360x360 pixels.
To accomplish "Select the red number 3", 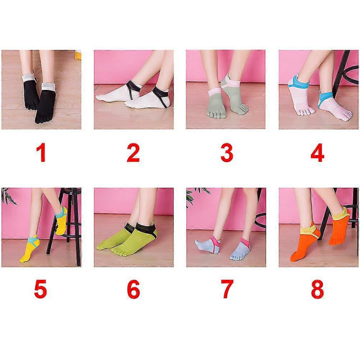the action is pyautogui.click(x=227, y=153).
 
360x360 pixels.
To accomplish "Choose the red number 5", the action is pyautogui.click(x=41, y=289).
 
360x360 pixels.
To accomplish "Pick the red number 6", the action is pyautogui.click(x=133, y=289).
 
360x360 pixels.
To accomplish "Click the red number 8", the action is pyautogui.click(x=317, y=289).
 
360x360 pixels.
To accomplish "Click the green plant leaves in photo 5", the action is pyautogui.click(x=8, y=196).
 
